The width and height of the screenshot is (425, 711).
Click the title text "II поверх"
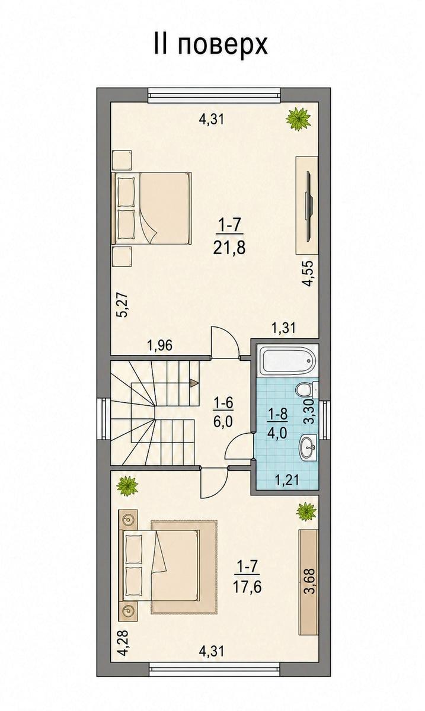(211, 46)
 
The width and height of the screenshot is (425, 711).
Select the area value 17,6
(247, 587)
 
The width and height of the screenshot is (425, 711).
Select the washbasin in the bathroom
(308, 447)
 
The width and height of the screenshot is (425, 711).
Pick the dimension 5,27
(123, 305)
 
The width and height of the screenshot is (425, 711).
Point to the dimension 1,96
(160, 345)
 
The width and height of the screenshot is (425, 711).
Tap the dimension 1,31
(283, 328)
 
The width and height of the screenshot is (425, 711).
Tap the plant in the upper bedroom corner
(298, 118)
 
